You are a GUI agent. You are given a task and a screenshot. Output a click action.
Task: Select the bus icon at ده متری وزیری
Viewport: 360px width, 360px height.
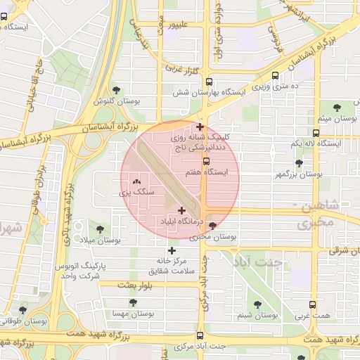click(274, 75)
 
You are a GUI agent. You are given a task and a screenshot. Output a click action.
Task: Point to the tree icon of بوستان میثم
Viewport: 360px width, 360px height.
click(337, 107)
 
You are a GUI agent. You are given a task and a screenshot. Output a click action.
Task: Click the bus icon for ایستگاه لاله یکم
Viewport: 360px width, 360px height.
click(316, 132)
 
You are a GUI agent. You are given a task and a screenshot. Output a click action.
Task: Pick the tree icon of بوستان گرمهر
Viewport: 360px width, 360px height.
click(299, 163)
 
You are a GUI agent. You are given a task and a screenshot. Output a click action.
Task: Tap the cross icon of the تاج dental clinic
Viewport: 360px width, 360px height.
click(200, 127)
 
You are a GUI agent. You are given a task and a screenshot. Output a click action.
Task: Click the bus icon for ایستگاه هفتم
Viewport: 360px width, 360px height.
click(205, 161)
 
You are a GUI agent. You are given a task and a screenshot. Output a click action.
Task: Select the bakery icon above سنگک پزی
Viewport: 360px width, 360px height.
click(136, 180)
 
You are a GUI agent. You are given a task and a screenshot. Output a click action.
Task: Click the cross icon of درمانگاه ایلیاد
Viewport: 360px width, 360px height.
click(181, 210)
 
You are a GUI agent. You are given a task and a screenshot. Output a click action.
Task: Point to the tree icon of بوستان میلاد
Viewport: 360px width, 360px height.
click(98, 229)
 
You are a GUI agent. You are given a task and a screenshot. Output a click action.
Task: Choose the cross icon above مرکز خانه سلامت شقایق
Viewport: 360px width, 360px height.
click(171, 250)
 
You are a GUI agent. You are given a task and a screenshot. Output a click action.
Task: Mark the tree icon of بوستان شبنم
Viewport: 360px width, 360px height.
click(257, 304)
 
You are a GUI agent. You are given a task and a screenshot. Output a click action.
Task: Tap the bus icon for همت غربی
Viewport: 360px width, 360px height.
click(313, 305)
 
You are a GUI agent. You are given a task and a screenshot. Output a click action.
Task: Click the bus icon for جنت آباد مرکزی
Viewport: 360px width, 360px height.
click(200, 335)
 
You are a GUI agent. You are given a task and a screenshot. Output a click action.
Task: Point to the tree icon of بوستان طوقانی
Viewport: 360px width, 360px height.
click(22, 310)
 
